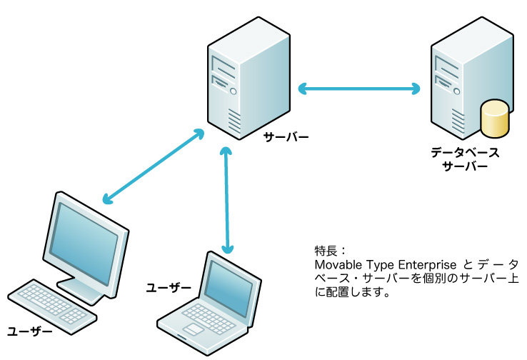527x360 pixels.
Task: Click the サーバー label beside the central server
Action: coord(286,136)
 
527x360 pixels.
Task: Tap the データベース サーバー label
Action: coord(465,159)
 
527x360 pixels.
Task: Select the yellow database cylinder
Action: coord(495,119)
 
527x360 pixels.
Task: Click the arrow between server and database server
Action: coord(358,89)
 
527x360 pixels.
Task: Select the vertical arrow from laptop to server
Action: coord(226,200)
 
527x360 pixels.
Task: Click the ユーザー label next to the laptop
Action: coord(169,288)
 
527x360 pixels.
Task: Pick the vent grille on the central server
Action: coord(234,118)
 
